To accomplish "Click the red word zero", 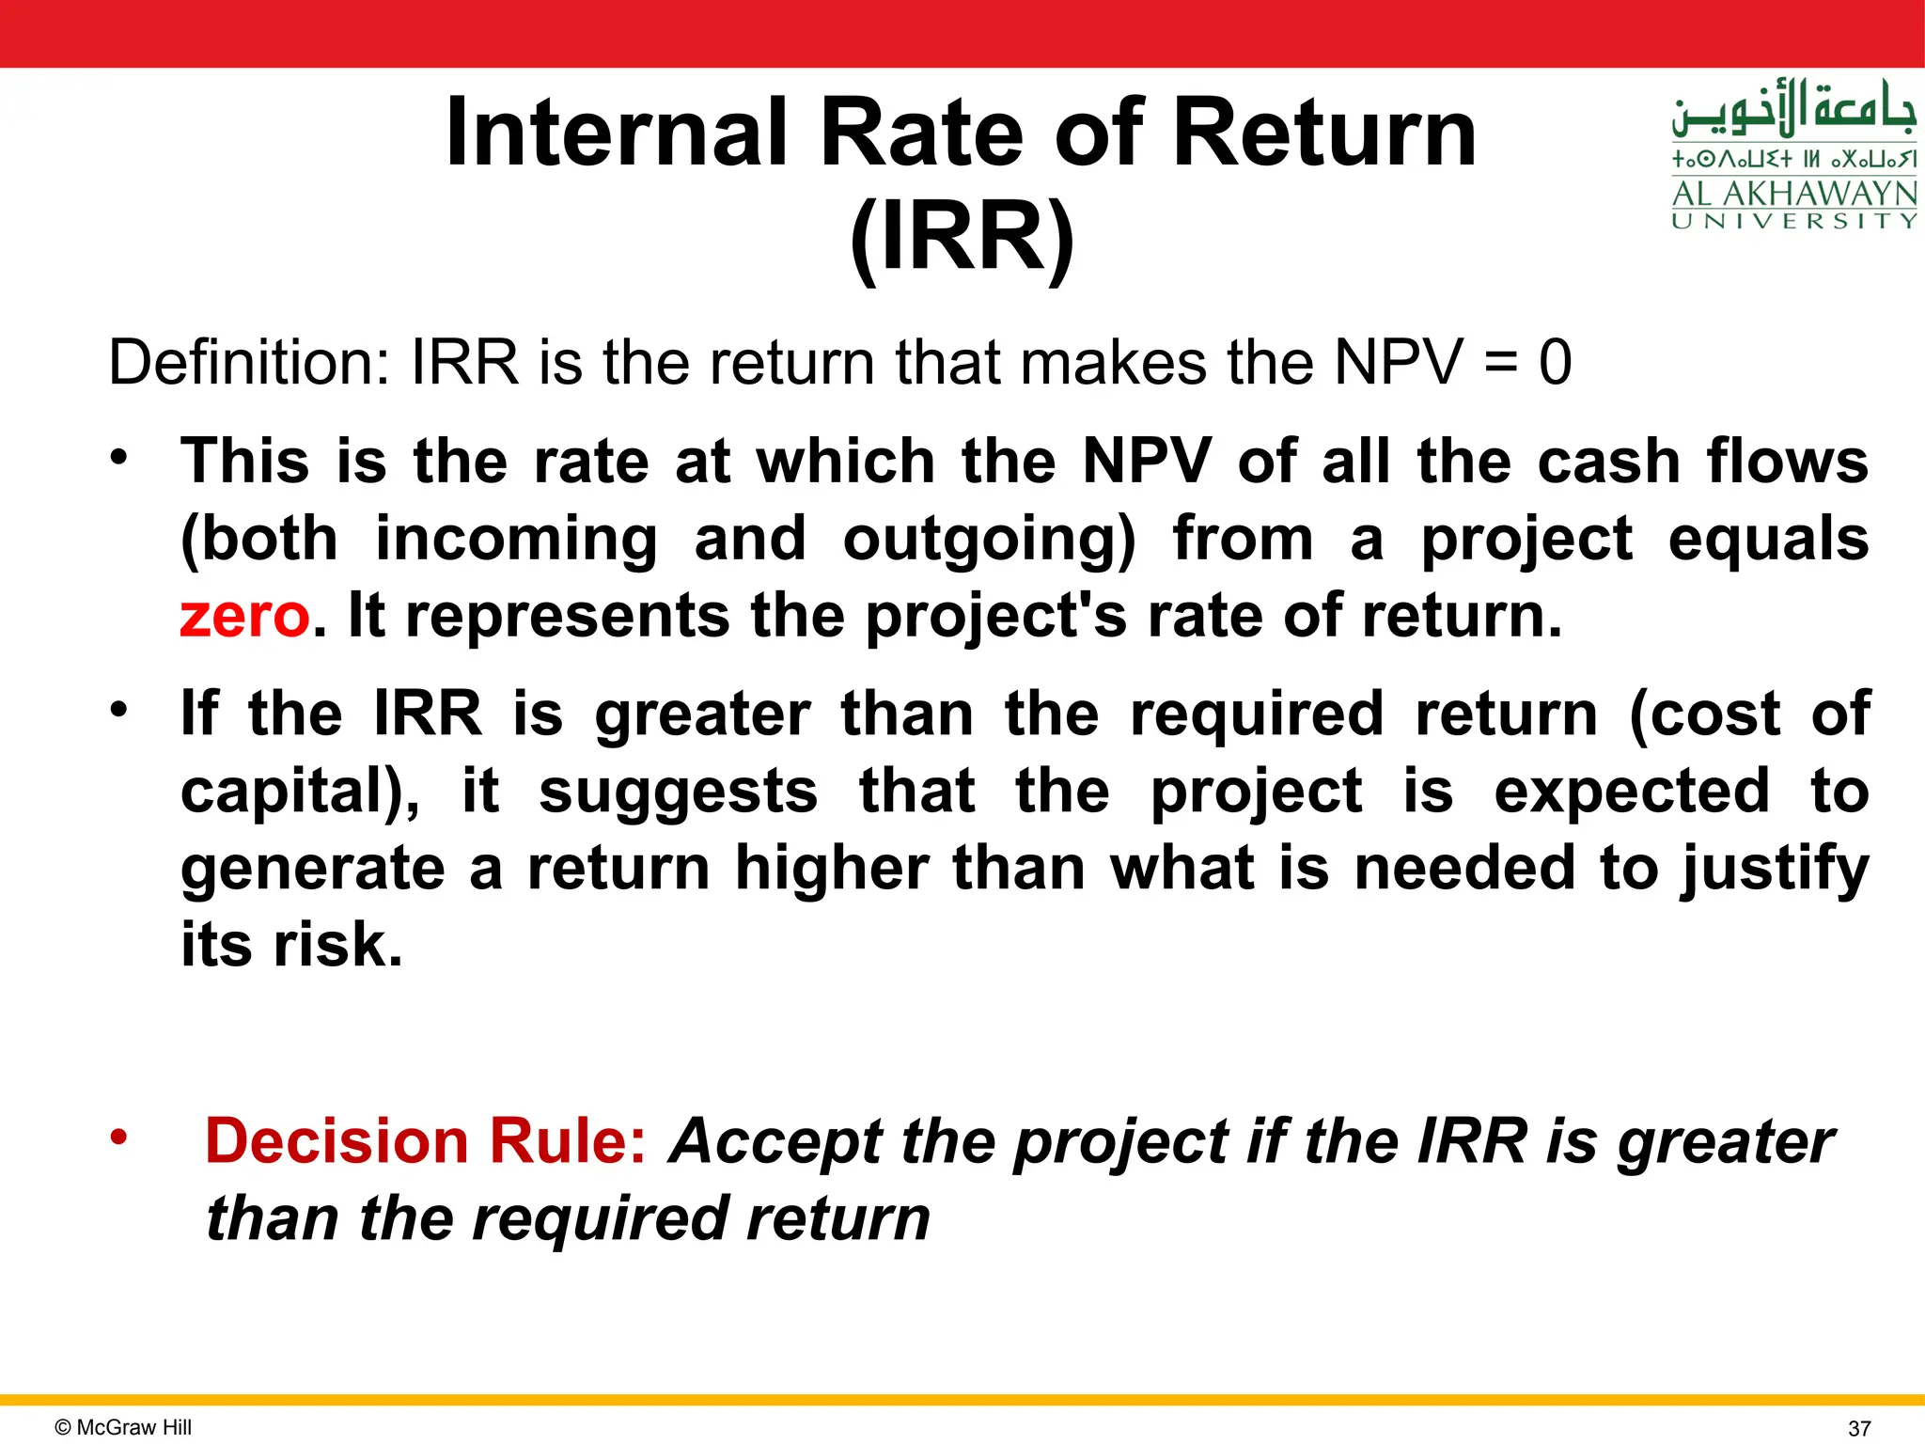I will (x=244, y=616).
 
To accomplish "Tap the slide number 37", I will (x=1858, y=1428).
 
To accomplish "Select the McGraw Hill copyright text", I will (x=123, y=1427).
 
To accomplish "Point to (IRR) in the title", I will (x=962, y=238).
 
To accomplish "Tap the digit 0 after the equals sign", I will (x=1555, y=363).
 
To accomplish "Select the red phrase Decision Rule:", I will (x=426, y=1141).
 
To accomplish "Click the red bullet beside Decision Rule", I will (x=117, y=1137).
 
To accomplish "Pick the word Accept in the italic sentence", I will (x=774, y=1142).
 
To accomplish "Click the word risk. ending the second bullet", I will (x=338, y=945).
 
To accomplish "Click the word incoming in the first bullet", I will (x=516, y=541).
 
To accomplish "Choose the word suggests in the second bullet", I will (x=678, y=793).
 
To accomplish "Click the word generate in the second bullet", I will (x=313, y=869).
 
